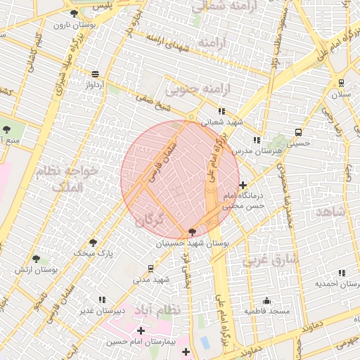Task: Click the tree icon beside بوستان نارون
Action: pyautogui.click(x=75, y=13)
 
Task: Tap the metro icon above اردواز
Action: pyautogui.click(x=96, y=73)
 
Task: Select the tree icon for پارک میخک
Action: pyautogui.click(x=93, y=243)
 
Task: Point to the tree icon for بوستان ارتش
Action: pyautogui.click(x=55, y=261)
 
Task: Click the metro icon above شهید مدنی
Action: pyautogui.click(x=151, y=269)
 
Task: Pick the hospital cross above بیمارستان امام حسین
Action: pyautogui.click(x=141, y=330)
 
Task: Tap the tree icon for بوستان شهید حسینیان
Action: pyautogui.click(x=193, y=232)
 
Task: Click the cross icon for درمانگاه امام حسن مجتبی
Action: pyautogui.click(x=243, y=185)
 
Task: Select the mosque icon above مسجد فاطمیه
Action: pyautogui.click(x=266, y=300)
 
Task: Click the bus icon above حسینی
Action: pyautogui.click(x=298, y=131)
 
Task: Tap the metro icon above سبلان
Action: pyautogui.click(x=342, y=82)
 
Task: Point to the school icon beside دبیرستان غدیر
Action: pyautogui.click(x=103, y=300)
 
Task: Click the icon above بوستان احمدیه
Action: pyautogui.click(x=342, y=273)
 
